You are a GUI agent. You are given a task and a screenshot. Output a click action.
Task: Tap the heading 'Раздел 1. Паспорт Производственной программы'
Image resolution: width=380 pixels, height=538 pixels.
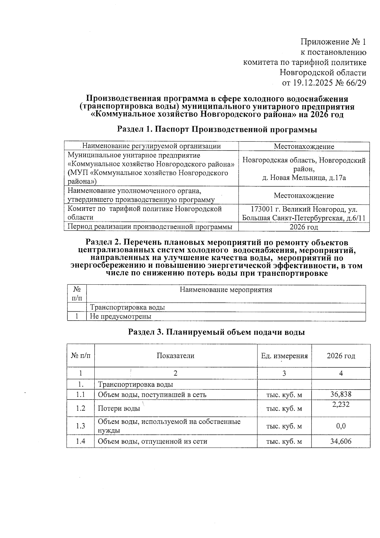[217, 129]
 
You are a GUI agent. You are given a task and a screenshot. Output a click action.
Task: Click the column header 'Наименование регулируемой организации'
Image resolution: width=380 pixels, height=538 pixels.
[151, 146]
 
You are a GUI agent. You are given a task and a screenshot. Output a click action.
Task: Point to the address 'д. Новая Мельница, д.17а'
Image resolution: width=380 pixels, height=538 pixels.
[304, 178]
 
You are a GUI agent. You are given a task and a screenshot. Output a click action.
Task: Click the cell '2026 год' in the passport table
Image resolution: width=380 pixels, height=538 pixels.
[304, 227]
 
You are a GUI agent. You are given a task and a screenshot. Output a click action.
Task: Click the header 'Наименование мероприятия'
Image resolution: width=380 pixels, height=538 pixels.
[226, 290]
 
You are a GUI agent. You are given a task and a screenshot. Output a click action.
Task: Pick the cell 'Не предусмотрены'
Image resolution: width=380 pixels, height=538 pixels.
[121, 316]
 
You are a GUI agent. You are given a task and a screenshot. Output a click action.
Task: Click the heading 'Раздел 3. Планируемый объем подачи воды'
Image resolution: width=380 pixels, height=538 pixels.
[216, 332]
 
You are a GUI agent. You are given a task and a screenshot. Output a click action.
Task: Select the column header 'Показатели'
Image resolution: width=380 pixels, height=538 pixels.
[175, 356]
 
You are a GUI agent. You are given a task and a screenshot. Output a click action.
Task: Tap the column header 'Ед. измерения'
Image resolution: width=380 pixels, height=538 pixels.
[284, 356]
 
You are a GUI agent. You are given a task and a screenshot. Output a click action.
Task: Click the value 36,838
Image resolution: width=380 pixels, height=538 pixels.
[341, 394]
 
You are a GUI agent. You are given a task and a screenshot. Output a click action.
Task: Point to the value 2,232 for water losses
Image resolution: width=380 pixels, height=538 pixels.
[341, 404]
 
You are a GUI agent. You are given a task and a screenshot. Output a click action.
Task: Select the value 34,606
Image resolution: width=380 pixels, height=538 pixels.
[341, 441]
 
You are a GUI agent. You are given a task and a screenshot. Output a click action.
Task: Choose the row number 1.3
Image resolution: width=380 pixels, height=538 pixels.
[80, 426]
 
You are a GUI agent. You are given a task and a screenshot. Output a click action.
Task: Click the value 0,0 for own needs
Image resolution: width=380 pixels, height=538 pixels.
[341, 426]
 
